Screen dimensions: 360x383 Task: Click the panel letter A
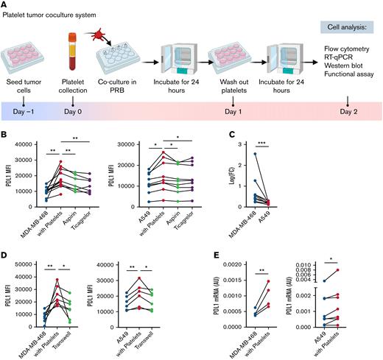point(5,5)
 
